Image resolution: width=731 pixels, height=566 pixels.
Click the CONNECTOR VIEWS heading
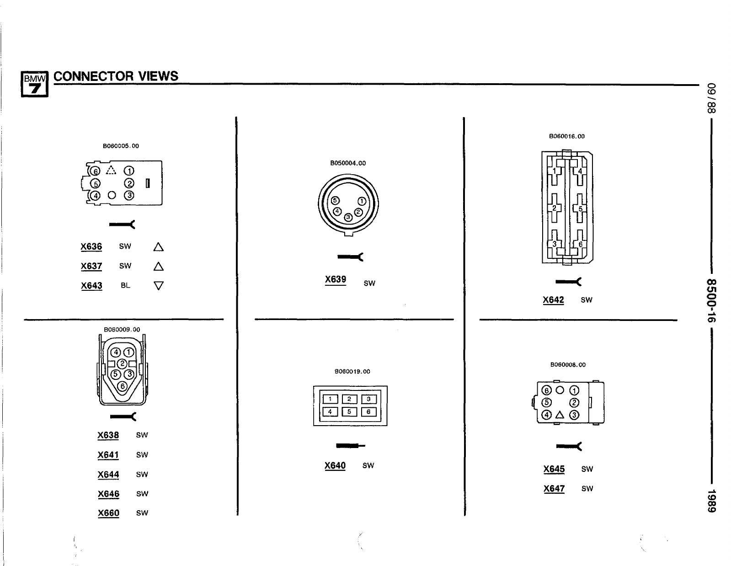coord(116,76)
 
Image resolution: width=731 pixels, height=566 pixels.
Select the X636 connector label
coord(91,247)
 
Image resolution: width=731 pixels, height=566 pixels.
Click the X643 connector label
coord(91,286)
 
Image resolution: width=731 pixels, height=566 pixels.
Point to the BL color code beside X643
coord(125,285)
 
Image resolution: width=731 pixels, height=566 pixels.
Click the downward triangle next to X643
coord(159,286)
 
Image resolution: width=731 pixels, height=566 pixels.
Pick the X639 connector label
coord(336,279)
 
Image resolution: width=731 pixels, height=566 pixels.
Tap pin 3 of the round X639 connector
coord(348,217)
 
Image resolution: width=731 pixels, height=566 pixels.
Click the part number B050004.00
coord(348,163)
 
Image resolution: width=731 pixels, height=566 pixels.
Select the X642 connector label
coord(553,300)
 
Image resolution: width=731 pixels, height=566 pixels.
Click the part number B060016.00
coord(567,136)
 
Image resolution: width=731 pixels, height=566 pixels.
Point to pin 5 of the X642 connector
coord(580,209)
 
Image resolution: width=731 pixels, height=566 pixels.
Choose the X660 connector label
coord(108,513)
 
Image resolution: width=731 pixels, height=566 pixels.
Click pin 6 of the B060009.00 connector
coord(122,386)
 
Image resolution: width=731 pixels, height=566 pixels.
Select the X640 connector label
coord(335,465)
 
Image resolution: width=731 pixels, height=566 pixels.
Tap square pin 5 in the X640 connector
coord(349,411)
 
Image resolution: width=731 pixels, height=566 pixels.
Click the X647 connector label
coord(554,489)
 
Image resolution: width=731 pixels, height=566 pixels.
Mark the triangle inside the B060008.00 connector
coord(560,415)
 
